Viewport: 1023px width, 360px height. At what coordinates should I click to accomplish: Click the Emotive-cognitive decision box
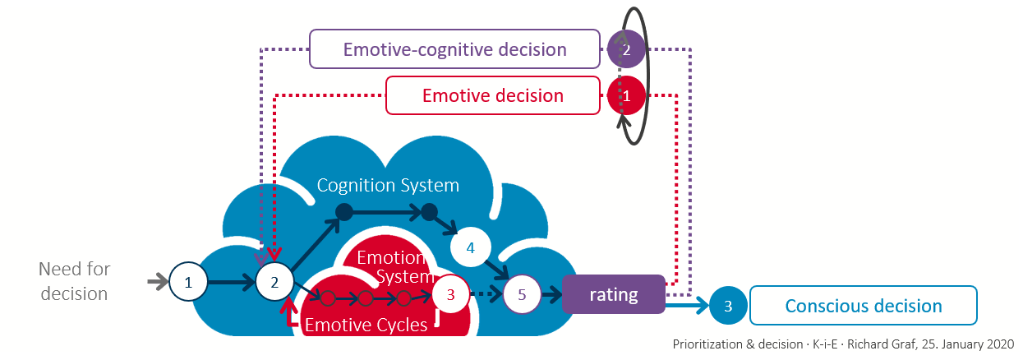coord(454,49)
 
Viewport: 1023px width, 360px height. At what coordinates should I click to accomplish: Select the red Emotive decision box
coord(492,95)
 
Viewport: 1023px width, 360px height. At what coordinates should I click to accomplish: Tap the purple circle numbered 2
coord(627,50)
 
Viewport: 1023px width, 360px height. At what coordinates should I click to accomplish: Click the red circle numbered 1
coord(627,96)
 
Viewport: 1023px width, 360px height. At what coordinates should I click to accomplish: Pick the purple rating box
coord(614,294)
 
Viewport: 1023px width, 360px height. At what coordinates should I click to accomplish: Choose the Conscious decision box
coord(863,306)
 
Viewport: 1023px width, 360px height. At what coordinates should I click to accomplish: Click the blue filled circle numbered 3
coord(728,307)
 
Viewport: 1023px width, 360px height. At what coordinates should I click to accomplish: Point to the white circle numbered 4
coord(471,247)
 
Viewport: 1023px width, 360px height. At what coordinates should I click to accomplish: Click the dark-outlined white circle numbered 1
coord(189,283)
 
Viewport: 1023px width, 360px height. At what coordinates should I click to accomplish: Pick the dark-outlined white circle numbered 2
coord(274,283)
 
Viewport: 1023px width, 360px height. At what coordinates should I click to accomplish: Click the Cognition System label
coord(388,185)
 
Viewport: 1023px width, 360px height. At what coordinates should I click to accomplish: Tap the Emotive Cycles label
coord(366,325)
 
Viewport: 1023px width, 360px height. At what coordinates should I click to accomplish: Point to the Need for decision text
coord(74,281)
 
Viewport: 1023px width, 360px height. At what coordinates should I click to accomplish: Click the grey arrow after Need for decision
coord(157,283)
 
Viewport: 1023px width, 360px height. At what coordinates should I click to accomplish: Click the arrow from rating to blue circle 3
coord(686,307)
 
